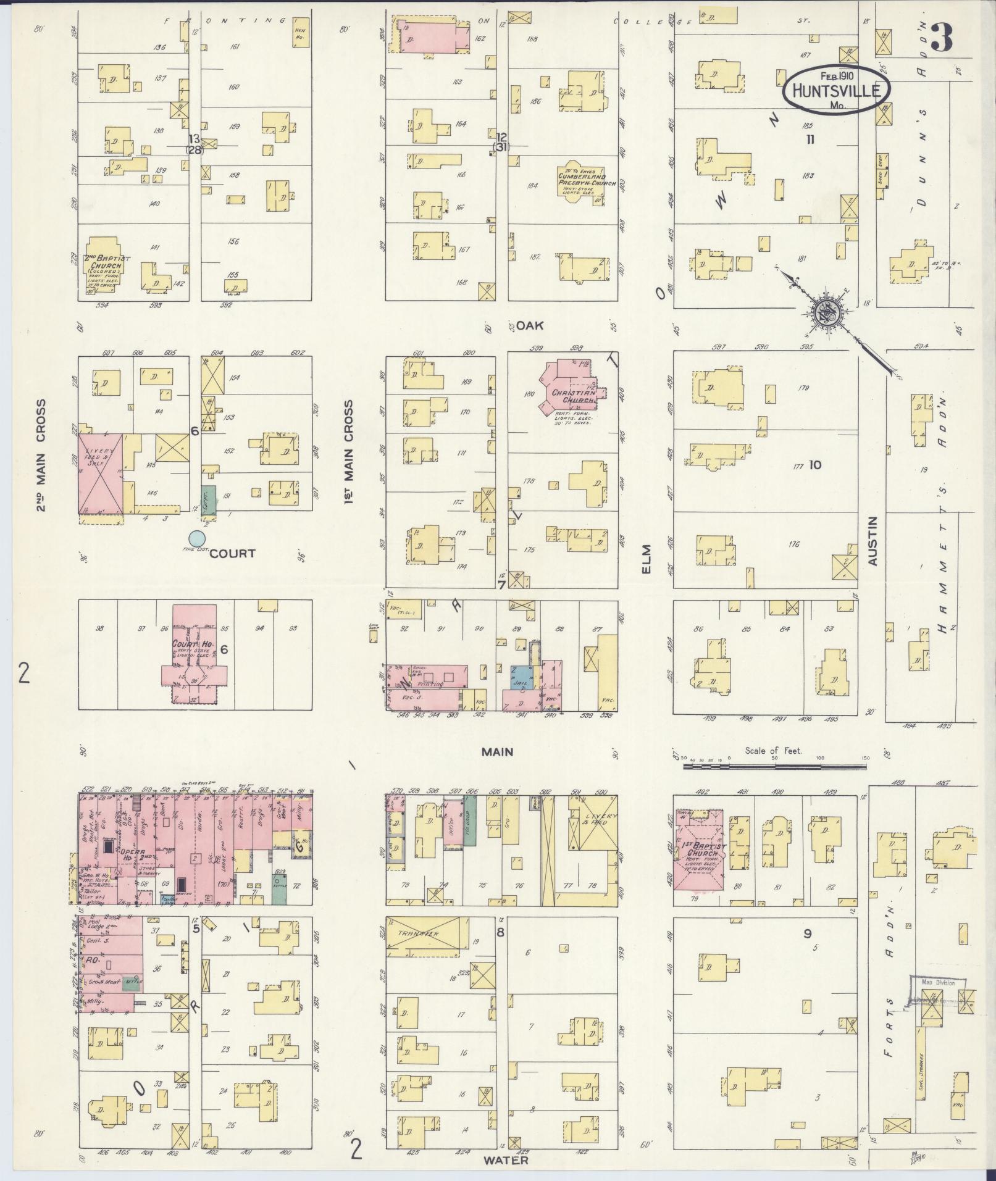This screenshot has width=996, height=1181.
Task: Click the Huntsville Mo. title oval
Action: click(x=837, y=90)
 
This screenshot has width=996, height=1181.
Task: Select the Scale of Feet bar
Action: click(x=774, y=766)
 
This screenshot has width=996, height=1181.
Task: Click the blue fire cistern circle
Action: click(x=197, y=538)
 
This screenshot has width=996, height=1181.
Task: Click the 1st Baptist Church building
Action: click(x=700, y=851)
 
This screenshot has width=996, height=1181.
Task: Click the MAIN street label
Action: click(x=498, y=752)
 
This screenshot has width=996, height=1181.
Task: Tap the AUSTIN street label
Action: click(x=872, y=541)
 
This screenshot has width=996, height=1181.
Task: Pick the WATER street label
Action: click(x=506, y=1160)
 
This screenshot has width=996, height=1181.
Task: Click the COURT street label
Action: click(x=232, y=553)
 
